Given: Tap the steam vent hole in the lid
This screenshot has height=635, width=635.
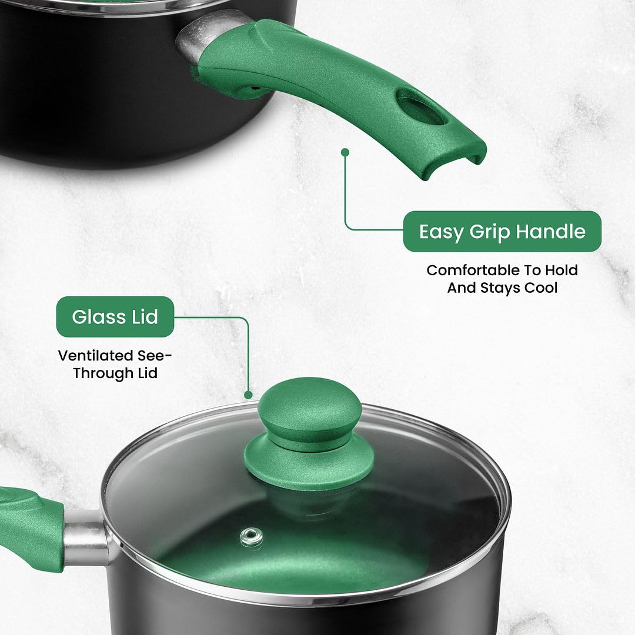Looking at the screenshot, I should tap(252, 535).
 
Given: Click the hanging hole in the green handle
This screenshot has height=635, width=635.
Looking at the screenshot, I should tap(422, 108).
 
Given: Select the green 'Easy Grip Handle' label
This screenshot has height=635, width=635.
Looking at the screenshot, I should tap(502, 232).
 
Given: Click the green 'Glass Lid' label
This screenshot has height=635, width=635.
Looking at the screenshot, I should tap(115, 317).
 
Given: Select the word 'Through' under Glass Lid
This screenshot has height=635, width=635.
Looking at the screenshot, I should tap(102, 373).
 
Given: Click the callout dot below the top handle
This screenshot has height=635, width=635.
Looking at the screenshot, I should tap(345, 152).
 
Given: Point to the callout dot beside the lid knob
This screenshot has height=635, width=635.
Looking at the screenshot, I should tap(248, 395).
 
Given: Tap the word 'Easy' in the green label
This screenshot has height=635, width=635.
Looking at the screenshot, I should tap(441, 232).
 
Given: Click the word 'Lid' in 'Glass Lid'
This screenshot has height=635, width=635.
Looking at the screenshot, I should tap(143, 317).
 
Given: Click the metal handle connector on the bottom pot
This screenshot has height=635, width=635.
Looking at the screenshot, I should tap(86, 536).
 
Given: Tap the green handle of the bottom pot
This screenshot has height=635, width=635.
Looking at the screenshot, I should tap(29, 526).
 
